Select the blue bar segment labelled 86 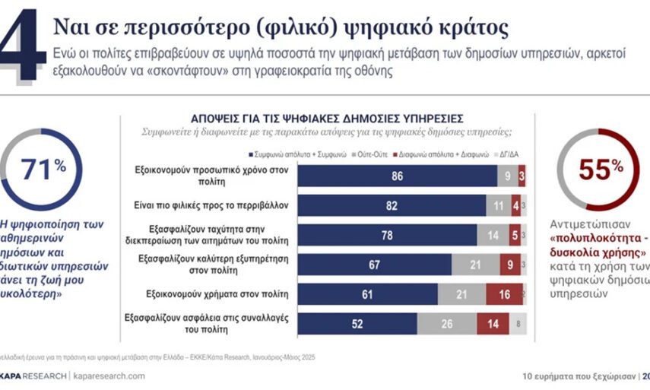point(397,176)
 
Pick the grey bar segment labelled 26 point(447,323)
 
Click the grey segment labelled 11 point(498,205)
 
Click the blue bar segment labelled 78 point(387,235)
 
